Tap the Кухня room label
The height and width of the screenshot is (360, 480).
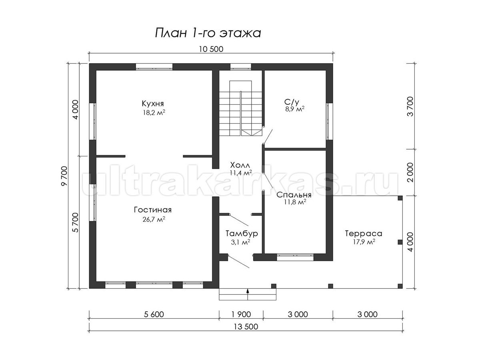coord(153,103)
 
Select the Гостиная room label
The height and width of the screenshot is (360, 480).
coord(153,210)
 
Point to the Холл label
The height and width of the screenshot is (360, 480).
coord(240,165)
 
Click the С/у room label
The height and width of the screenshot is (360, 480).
coord(292,102)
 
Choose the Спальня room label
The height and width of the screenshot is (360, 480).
coord(294,195)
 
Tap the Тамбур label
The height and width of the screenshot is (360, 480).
coord(242,234)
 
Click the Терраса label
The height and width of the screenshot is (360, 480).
coord(364,234)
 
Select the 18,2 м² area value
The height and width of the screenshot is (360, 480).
coord(154,112)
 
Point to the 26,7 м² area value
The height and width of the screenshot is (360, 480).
coord(154,219)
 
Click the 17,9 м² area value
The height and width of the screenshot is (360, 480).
coord(364,242)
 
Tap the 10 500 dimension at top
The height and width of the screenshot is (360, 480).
coord(211,49)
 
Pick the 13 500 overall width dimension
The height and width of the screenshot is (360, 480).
coord(246,326)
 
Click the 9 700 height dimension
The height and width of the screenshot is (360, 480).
coord(65,176)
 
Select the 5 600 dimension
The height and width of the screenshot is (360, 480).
coord(154,314)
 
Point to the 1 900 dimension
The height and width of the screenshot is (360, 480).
coord(241,314)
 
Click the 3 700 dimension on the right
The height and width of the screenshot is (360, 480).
coord(410,106)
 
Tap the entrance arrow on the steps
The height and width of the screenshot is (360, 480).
coord(248,294)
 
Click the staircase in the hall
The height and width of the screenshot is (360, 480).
coord(240,108)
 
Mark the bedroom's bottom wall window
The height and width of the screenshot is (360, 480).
coord(295,257)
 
